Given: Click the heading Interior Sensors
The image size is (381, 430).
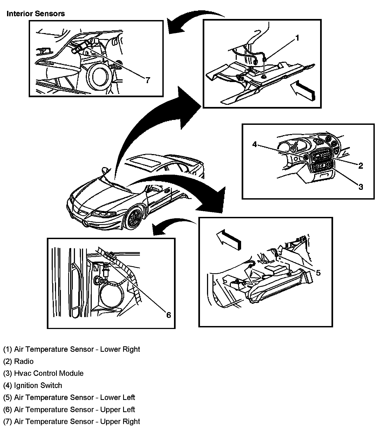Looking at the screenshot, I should coord(35,14).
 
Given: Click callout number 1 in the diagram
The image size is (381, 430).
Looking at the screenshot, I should coord(297,38).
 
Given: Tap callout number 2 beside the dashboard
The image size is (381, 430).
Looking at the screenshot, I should coord(360,166).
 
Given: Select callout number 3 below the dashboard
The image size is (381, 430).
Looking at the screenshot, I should coord(360,187).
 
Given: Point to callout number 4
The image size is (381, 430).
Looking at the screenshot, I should coord(255,145).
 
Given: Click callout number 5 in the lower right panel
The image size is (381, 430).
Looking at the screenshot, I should coord(318,273).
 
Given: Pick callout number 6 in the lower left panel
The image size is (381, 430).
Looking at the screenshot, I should coord(169,315).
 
